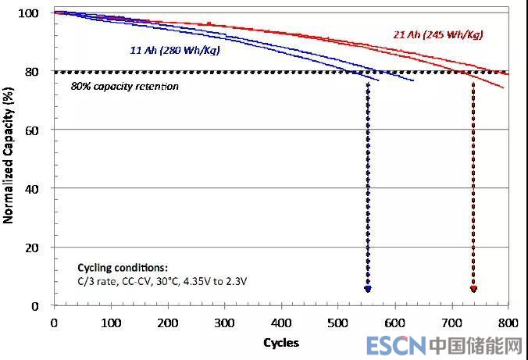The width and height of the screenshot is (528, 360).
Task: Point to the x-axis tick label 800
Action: click(508, 322)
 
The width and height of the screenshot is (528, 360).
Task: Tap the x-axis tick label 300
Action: click(224, 322)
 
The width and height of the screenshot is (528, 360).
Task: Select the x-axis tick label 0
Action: click(54, 322)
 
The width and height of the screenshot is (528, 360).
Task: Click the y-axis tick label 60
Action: click(32, 130)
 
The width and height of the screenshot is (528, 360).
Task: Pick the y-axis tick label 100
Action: click(29, 13)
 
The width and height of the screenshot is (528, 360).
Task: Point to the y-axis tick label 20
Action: click(32, 248)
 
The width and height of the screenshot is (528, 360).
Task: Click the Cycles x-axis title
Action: click(281, 342)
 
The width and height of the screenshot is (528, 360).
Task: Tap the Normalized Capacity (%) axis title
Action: click(9, 159)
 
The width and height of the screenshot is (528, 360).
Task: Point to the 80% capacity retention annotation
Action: click(125, 86)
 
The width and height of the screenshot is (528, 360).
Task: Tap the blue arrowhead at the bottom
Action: click(368, 289)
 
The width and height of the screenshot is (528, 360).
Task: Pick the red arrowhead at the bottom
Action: click(473, 289)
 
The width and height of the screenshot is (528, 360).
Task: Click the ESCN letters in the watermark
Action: click(394, 345)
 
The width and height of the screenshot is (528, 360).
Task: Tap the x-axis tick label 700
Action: click(451, 322)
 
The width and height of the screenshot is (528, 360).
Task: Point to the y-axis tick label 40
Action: click(32, 188)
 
